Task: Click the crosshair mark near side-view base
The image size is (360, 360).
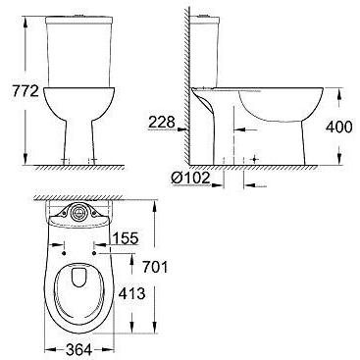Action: pyautogui.click(x=253, y=157)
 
